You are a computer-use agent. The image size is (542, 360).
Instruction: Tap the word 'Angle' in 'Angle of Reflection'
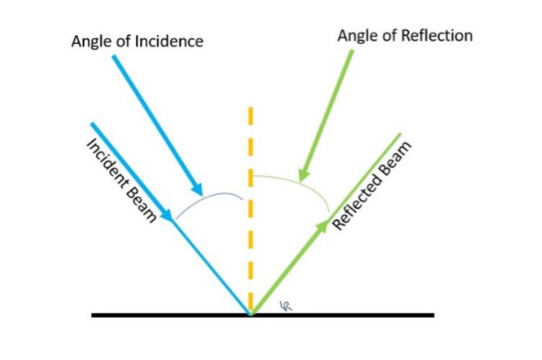(x=359, y=35)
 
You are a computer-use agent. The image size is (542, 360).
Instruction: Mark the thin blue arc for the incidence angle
(x=208, y=198)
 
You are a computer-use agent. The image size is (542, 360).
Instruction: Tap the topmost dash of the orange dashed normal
(x=250, y=117)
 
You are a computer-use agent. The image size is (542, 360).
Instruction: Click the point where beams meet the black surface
(x=250, y=314)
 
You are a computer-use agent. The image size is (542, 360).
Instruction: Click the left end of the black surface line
(x=93, y=315)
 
